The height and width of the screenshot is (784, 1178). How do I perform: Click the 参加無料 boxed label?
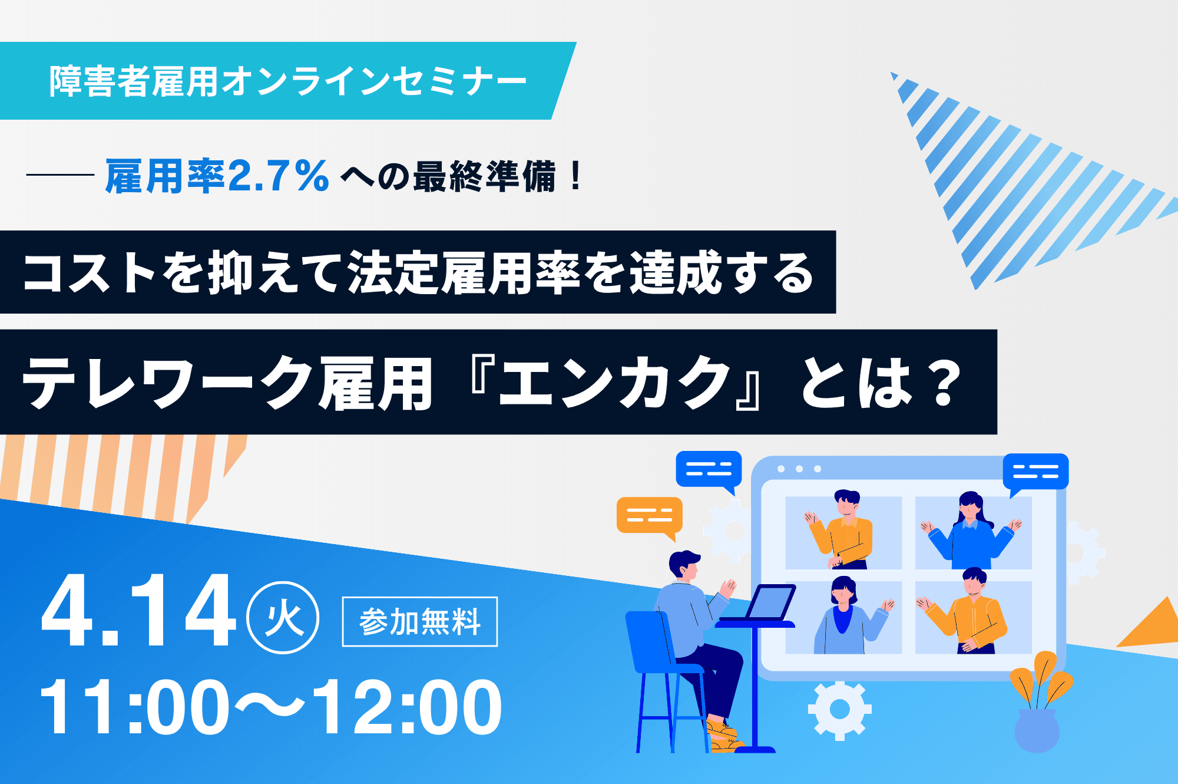[420, 621]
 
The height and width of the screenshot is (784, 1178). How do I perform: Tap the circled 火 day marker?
[283, 618]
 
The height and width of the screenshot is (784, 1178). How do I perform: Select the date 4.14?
[139, 611]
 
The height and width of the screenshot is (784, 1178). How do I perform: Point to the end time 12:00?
[406, 706]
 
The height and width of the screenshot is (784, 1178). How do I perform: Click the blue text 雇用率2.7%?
[217, 176]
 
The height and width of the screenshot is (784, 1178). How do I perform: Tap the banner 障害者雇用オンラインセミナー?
[288, 81]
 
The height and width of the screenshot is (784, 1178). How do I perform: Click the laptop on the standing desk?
[770, 602]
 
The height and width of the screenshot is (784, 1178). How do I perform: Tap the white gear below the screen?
[839, 710]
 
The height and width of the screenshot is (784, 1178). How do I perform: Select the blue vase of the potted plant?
[1037, 731]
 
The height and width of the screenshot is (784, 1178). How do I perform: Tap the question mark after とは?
[944, 384]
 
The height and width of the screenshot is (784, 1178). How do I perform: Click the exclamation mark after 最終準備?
[575, 176]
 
